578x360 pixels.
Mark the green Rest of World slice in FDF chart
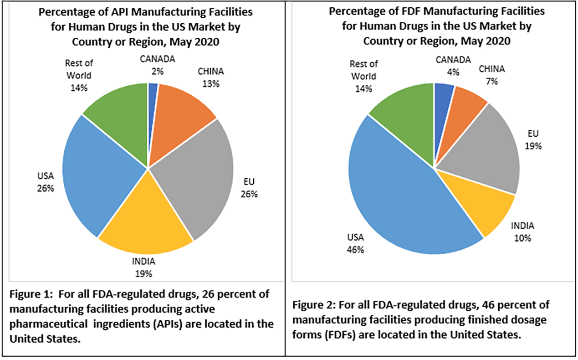[x=405, y=114]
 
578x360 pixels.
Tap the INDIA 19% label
[x=143, y=267]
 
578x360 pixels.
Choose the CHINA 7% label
[x=491, y=75]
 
